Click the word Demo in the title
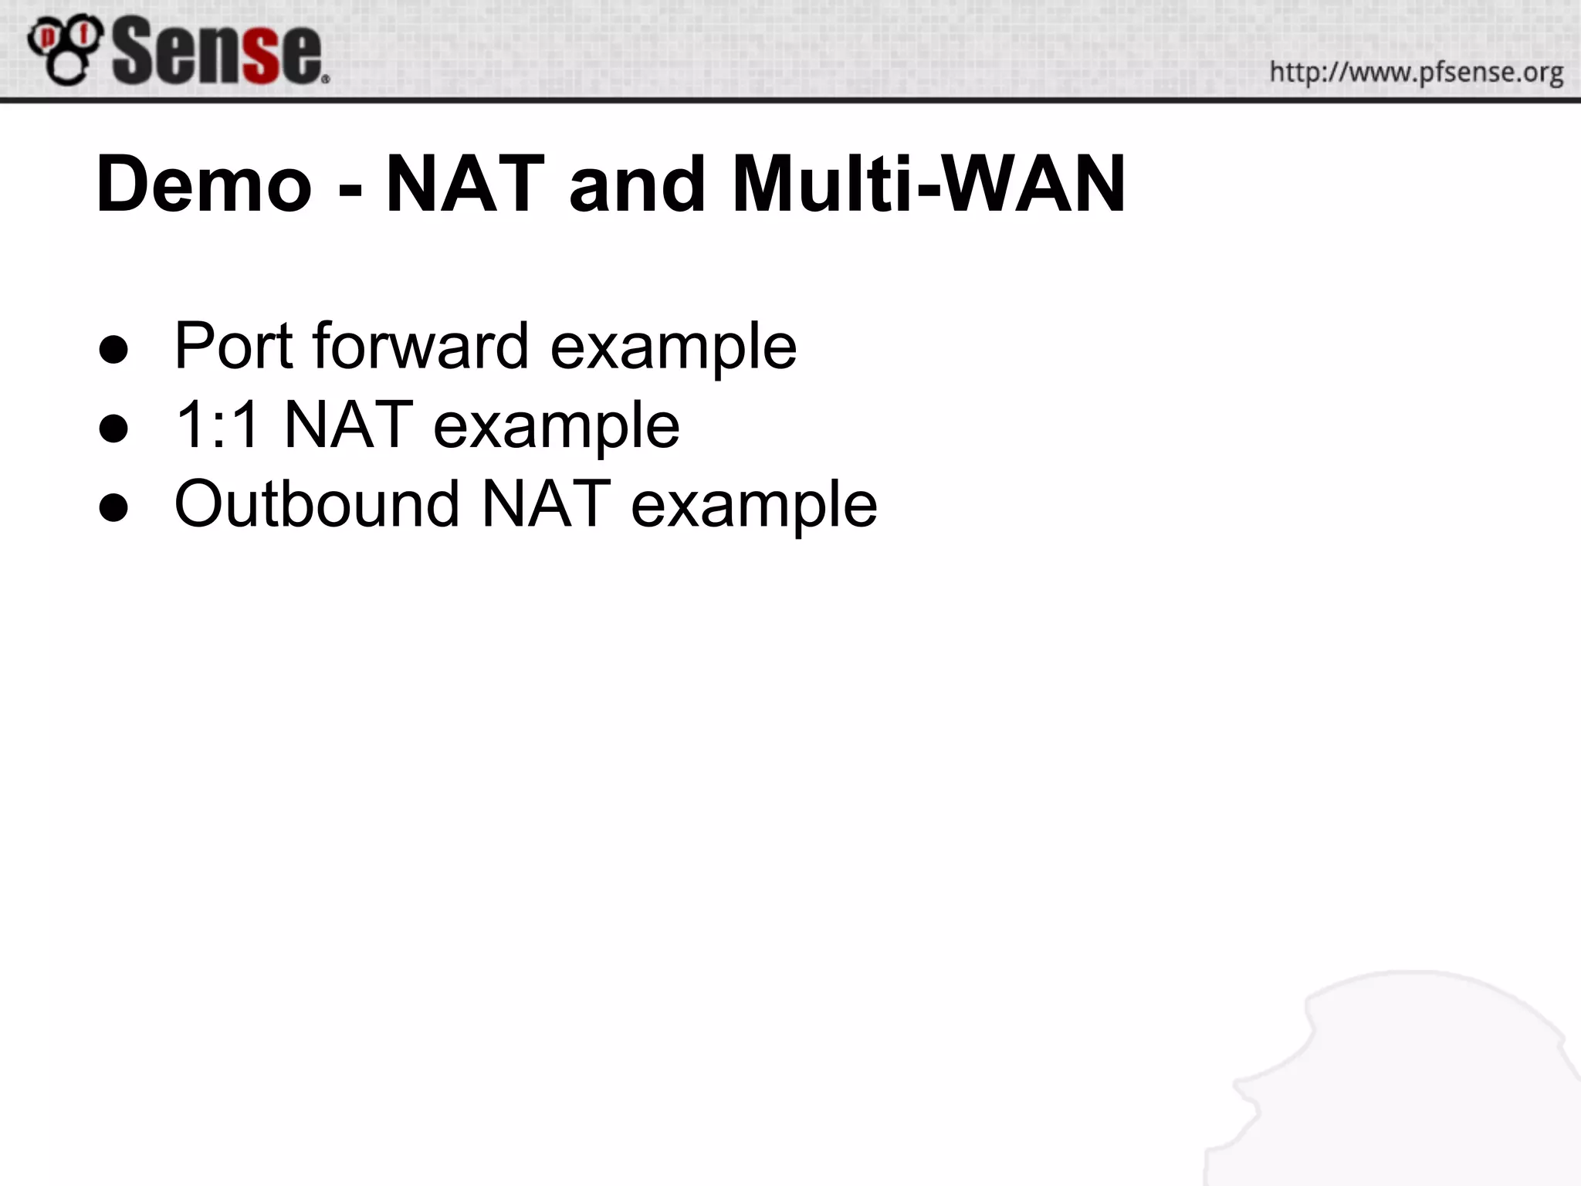[x=204, y=185]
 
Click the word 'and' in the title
[x=638, y=185]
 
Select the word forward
[x=421, y=346]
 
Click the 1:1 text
[x=217, y=425]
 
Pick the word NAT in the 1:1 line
[x=348, y=425]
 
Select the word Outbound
[x=317, y=503]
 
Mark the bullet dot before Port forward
[x=113, y=350]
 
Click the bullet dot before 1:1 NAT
[x=113, y=429]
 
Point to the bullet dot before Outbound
[x=113, y=507]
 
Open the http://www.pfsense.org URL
[x=1416, y=73]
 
